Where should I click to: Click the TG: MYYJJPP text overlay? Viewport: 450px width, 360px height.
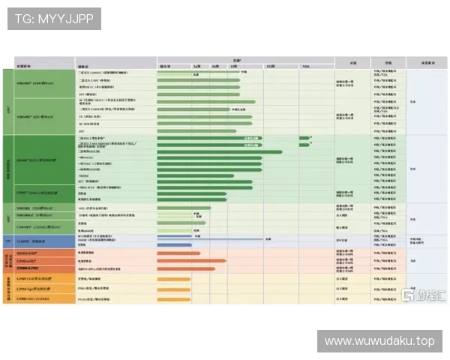[54, 18]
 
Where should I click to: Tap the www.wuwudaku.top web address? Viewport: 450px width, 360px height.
[379, 341]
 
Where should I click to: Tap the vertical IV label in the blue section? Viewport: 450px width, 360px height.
[7, 241]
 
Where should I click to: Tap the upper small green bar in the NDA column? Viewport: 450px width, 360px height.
[304, 138]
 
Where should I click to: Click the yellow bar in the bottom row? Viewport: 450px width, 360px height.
[173, 298]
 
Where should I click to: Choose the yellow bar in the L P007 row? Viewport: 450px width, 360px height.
[173, 278]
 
